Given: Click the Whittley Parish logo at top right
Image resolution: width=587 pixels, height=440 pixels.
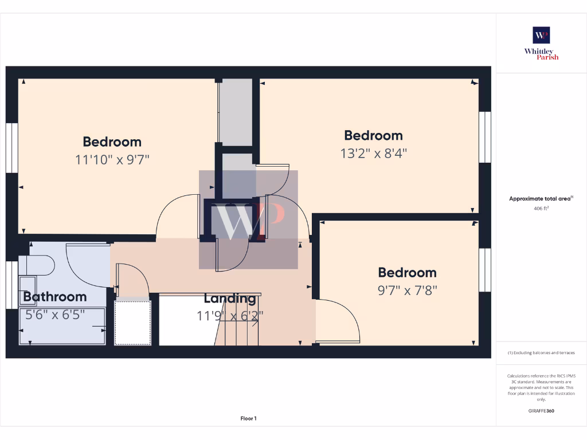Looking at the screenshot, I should coord(541,43).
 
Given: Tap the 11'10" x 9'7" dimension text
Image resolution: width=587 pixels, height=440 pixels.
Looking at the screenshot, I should coord(112,160).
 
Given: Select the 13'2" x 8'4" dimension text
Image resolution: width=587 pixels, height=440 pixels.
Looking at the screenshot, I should coord(373,154).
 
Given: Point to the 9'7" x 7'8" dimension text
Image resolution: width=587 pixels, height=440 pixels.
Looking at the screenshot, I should coord(407,290).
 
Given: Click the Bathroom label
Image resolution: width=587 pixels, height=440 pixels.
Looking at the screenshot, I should coord(55,297).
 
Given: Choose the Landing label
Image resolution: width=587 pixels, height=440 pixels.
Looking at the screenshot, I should coord(230,298).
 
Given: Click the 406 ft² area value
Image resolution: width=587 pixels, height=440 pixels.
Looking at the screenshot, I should coord(541,209).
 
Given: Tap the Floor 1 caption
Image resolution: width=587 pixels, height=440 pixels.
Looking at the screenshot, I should coord(248,419).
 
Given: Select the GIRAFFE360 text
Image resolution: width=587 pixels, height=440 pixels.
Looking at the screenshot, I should coord(541,411).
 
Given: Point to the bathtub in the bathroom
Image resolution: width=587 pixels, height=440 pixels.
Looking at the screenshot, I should coord(62,327).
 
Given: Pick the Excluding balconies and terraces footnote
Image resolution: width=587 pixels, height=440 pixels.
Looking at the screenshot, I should coord(541,353).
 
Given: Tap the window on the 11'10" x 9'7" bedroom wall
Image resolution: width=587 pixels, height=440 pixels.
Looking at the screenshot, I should coord(11,147).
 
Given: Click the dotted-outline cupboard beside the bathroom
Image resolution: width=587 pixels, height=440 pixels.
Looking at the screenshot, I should coord(132,323).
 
